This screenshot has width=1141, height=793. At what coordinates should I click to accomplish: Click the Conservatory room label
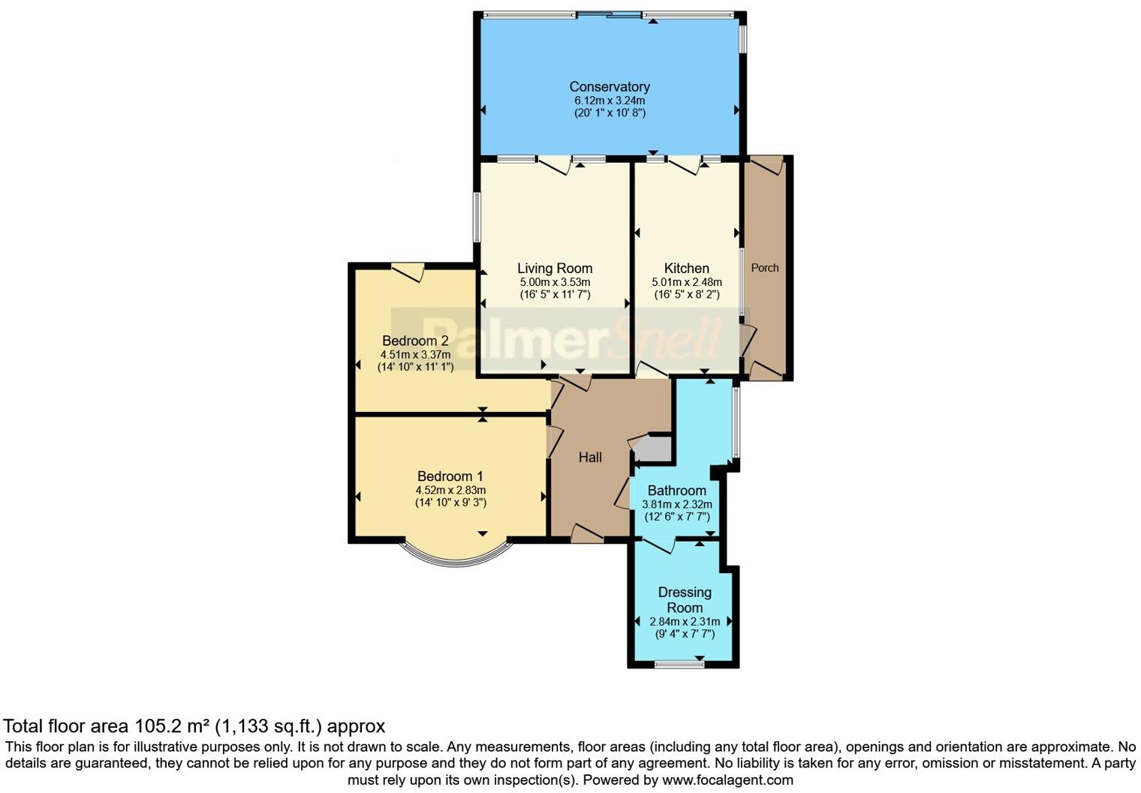pyautogui.click(x=609, y=87)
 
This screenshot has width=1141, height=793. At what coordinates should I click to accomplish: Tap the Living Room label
pyautogui.click(x=555, y=269)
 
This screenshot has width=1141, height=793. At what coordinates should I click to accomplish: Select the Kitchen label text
pyautogui.click(x=686, y=269)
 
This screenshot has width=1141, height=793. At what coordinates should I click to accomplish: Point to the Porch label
pyautogui.click(x=765, y=268)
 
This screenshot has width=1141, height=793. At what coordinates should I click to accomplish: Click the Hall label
pyautogui.click(x=590, y=458)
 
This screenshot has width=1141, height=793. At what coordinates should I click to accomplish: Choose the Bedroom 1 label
pyautogui.click(x=450, y=476)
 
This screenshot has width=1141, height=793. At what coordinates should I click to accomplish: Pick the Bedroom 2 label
pyautogui.click(x=415, y=341)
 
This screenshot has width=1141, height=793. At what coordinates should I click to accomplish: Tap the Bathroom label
pyautogui.click(x=676, y=491)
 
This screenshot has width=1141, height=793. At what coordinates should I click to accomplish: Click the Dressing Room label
pyautogui.click(x=685, y=599)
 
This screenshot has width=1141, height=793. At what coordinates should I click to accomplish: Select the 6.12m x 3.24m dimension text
pyautogui.click(x=609, y=101)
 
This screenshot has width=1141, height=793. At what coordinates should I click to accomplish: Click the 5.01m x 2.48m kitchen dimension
pyautogui.click(x=686, y=282)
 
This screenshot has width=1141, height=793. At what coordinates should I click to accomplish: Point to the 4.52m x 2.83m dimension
pyautogui.click(x=450, y=491)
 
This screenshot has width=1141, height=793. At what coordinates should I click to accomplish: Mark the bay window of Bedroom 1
pyautogui.click(x=455, y=559)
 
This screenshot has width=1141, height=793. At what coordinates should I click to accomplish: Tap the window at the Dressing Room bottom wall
pyautogui.click(x=679, y=664)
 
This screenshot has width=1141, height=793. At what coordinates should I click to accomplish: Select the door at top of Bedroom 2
pyautogui.click(x=408, y=272)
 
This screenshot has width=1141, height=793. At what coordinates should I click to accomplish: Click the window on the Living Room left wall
pyautogui.click(x=477, y=218)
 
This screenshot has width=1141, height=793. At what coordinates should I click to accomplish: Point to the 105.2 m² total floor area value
pyautogui.click(x=172, y=726)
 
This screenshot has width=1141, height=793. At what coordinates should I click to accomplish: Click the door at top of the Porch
pyautogui.click(x=766, y=165)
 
